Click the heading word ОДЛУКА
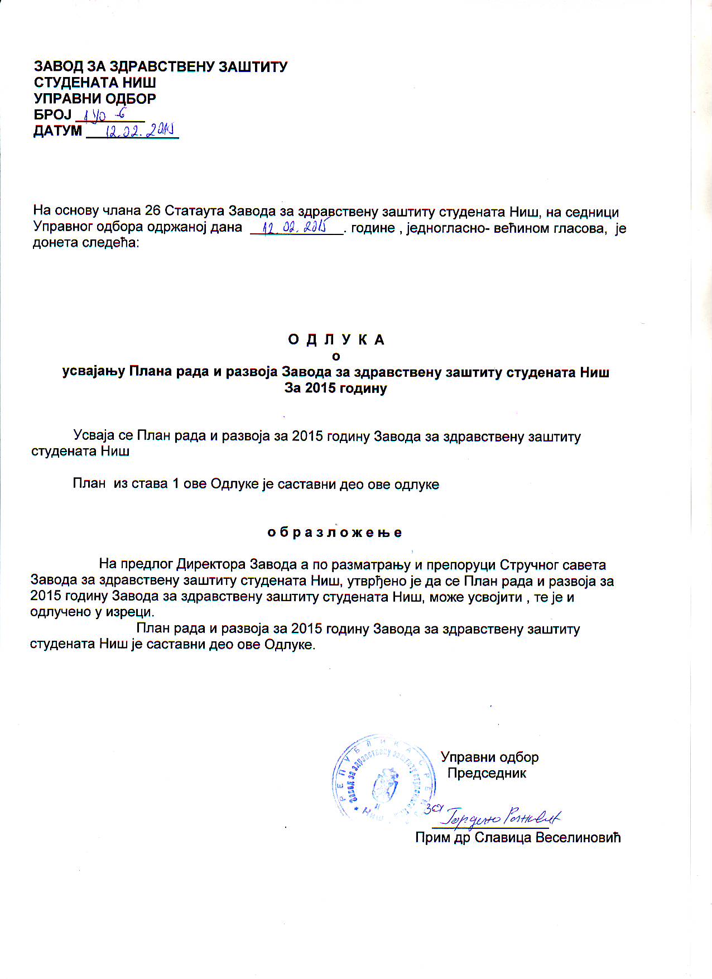point(336,339)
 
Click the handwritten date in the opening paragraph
point(295,227)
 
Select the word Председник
point(487,773)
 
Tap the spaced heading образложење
point(335,532)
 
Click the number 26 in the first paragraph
point(152,212)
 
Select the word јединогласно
point(441,228)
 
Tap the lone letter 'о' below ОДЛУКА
point(336,356)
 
